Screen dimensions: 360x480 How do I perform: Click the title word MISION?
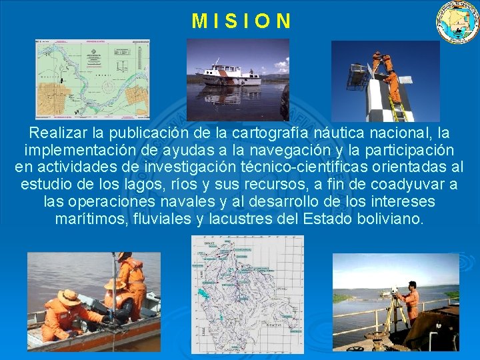[x=241, y=21]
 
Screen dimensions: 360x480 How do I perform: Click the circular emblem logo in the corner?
[x=457, y=22]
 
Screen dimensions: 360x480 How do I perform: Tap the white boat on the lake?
[x=230, y=74]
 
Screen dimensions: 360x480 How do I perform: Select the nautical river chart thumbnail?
[x=92, y=79]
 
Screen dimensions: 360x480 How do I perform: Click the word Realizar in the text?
[x=57, y=132]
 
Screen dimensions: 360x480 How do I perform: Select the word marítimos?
[x=89, y=219]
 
